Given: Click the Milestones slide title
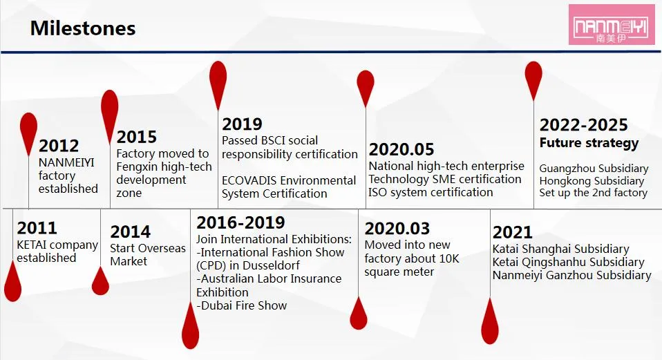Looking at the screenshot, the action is click(83, 28).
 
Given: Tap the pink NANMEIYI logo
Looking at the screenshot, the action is click(612, 25).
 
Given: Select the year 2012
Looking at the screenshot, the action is click(59, 146).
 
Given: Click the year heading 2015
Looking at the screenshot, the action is click(136, 137).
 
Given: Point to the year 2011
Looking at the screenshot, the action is click(37, 228).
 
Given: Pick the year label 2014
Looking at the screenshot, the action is click(130, 231).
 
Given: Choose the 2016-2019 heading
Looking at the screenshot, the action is click(240, 222).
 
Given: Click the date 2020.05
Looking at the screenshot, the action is click(401, 149).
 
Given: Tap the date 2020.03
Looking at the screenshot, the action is click(397, 228).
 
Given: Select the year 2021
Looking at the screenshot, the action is click(512, 232).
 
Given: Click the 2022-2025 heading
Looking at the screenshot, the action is click(583, 125).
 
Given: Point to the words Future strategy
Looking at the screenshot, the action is click(589, 143).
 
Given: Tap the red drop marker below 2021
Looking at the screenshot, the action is click(490, 323).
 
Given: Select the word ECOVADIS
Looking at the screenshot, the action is click(249, 180).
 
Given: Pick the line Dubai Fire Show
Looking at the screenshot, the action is click(242, 305).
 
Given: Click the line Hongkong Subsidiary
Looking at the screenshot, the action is click(592, 181).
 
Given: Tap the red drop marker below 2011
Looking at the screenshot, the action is click(12, 282).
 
